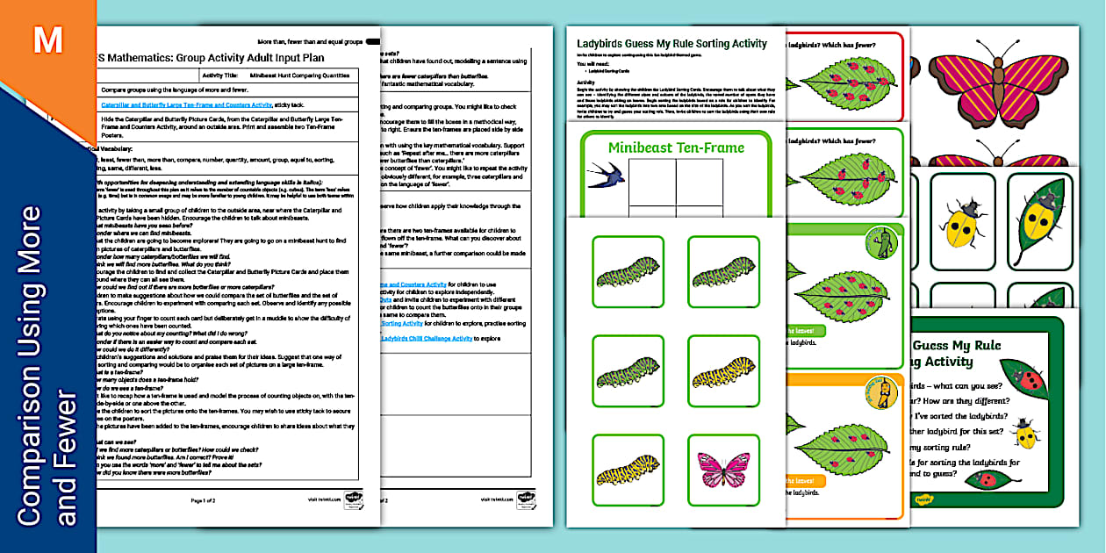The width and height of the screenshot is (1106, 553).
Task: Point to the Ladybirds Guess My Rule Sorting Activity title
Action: [671, 43]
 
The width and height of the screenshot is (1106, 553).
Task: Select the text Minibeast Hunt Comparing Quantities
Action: [299, 76]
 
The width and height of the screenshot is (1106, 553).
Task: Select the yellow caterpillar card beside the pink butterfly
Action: [627, 470]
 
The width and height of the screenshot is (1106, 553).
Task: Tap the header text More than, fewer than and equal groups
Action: [310, 41]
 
